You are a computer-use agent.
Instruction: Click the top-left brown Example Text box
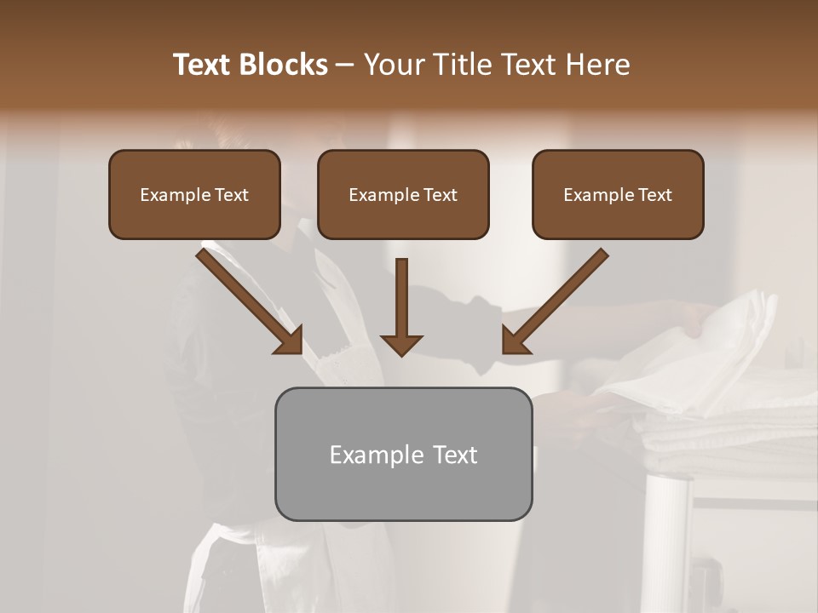(194, 194)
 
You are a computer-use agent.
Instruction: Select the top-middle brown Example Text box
(403, 194)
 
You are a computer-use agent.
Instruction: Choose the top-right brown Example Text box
(618, 194)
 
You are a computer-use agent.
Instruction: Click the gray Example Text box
(403, 454)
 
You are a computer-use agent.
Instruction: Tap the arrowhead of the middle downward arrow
(401, 344)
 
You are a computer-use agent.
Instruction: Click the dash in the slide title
(346, 66)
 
